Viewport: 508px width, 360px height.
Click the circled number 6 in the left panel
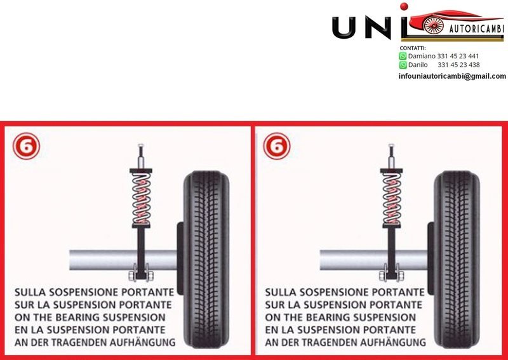25,146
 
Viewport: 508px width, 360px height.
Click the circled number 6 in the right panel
276,146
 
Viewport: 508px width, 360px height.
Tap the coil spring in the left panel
141,198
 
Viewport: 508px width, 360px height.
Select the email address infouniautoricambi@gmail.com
452,76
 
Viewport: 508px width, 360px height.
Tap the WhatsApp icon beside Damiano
403,56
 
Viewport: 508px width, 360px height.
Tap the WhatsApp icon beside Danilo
403,65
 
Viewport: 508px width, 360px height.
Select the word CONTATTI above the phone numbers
413,48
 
